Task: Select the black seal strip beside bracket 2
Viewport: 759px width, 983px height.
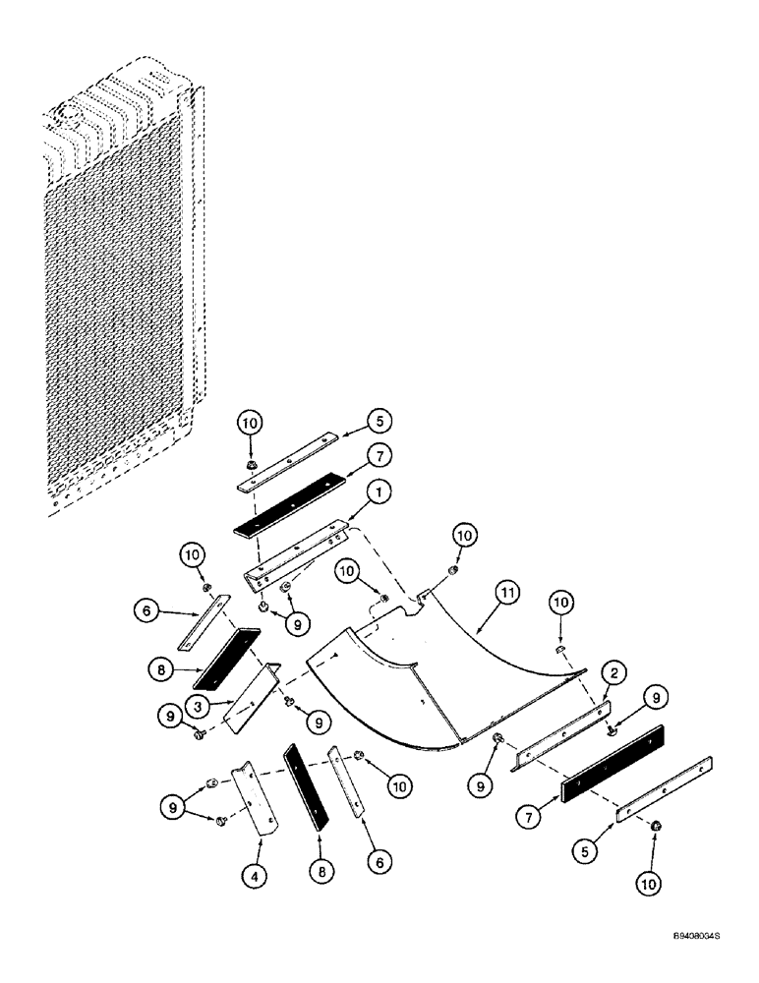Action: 612,760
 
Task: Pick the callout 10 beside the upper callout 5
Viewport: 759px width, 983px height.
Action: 250,423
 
